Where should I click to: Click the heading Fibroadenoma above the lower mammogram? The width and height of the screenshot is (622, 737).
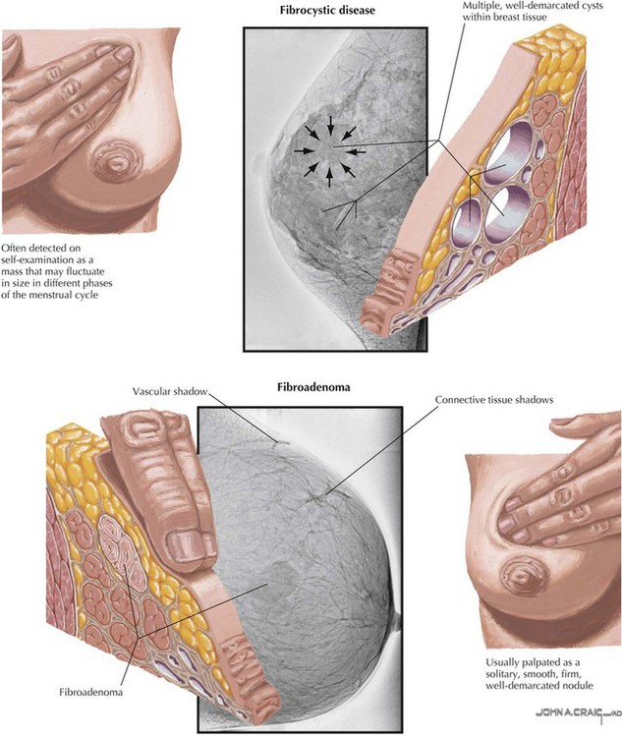(313, 387)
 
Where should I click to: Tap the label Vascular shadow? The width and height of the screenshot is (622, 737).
(170, 391)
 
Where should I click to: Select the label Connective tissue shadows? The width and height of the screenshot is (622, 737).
(493, 400)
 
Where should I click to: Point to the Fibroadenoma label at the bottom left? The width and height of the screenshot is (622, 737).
(91, 692)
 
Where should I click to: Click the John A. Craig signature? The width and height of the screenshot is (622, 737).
(578, 713)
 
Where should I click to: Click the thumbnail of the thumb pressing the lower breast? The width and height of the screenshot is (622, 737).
(187, 545)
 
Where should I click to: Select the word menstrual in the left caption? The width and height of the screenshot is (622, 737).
(50, 295)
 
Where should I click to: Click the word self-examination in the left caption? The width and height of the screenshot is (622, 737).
(36, 260)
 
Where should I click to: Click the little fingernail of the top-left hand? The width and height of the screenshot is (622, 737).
(124, 54)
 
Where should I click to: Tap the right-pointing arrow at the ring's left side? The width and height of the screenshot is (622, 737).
(305, 151)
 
